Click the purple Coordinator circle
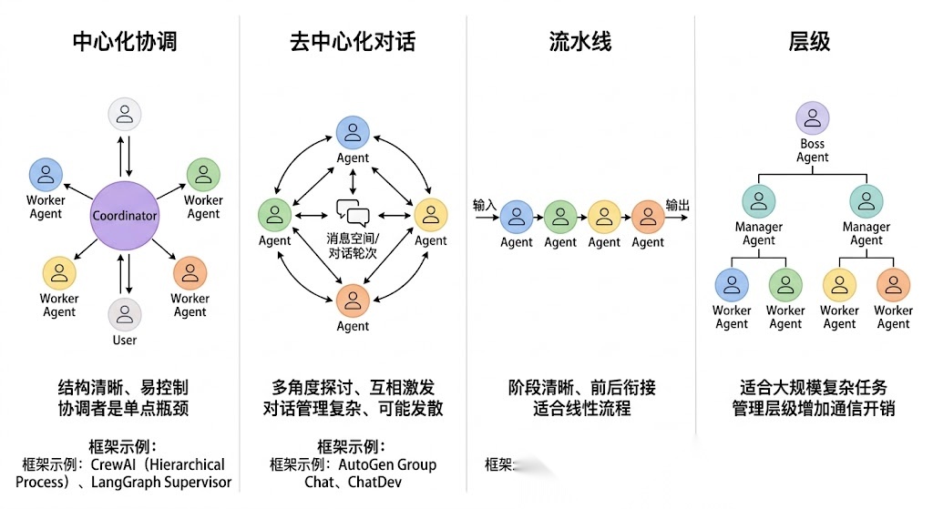pyautogui.click(x=125, y=216)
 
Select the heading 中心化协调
pyautogui.click(x=125, y=42)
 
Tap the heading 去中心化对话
pyautogui.click(x=353, y=42)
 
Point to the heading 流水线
pyautogui.click(x=580, y=42)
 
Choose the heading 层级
pyautogui.click(x=809, y=42)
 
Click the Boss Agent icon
pyautogui.click(x=812, y=118)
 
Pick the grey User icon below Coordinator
pyautogui.click(x=125, y=314)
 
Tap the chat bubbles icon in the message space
pyautogui.click(x=353, y=213)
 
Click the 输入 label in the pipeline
pyautogui.click(x=485, y=205)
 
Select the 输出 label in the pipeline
pyautogui.click(x=677, y=205)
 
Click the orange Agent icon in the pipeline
pyautogui.click(x=648, y=217)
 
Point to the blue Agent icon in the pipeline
pyautogui.click(x=517, y=217)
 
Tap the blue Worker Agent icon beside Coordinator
pyautogui.click(x=46, y=175)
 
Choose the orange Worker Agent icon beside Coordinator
pyautogui.click(x=190, y=273)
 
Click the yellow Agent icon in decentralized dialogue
pyautogui.click(x=431, y=215)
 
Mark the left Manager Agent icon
pyautogui.click(x=758, y=201)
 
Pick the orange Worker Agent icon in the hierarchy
pyautogui.click(x=893, y=284)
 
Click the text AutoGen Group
pyautogui.click(x=387, y=464)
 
